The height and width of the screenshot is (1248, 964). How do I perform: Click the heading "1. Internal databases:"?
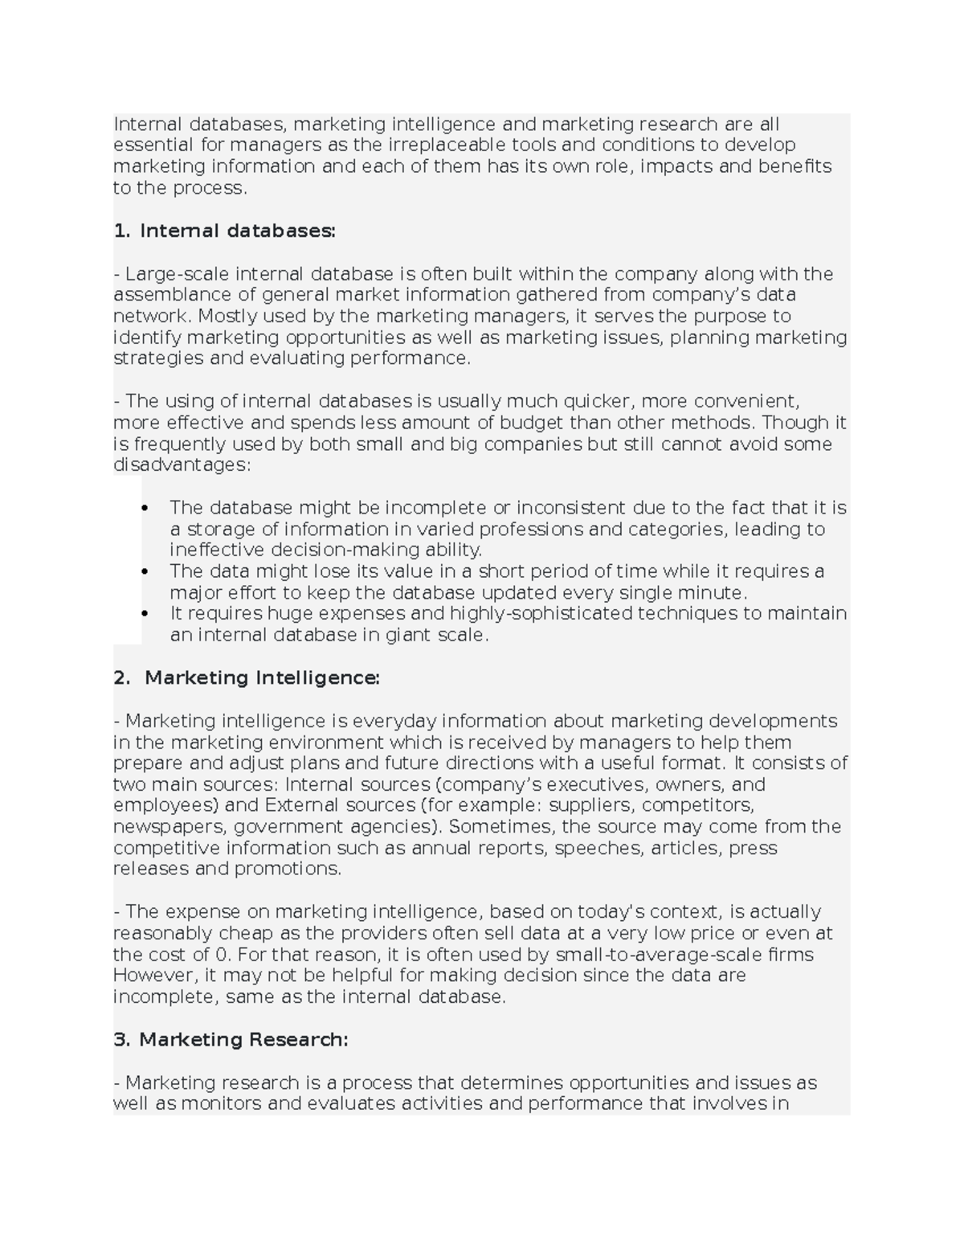click(224, 231)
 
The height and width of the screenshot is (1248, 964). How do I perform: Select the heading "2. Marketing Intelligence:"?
click(247, 677)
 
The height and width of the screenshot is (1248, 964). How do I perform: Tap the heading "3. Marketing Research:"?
click(231, 1039)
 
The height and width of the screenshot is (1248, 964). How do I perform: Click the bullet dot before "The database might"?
click(145, 508)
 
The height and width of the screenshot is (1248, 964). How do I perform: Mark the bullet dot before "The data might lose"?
click(145, 571)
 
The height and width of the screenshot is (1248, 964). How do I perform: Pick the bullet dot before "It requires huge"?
click(145, 613)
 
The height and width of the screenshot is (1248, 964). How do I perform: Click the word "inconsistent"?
click(571, 508)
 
